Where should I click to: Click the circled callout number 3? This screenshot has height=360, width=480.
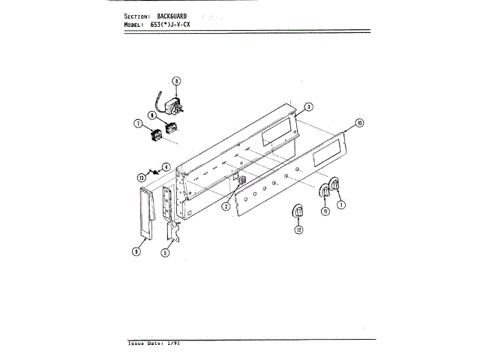[x=309, y=106]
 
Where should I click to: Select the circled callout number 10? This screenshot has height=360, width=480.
[x=359, y=122]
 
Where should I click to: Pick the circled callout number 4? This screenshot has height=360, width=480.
[x=166, y=166]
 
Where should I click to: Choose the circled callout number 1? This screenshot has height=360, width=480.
[x=341, y=203]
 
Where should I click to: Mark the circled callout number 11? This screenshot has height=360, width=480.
[x=325, y=211]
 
